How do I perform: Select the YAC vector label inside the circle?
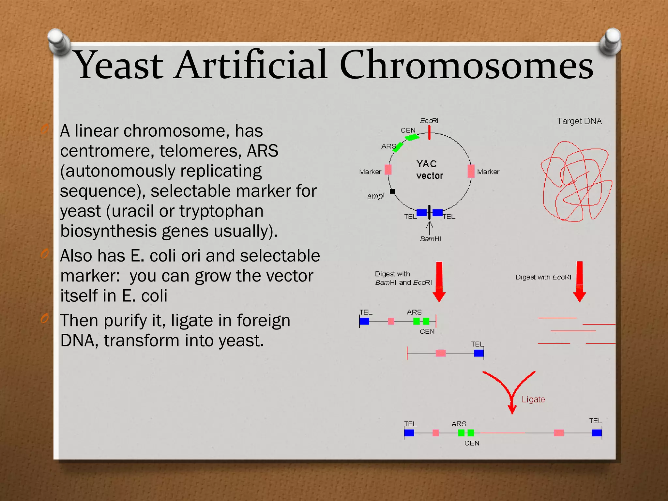tap(429, 170)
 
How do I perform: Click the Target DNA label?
tap(579, 121)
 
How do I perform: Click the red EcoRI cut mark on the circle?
tap(430, 133)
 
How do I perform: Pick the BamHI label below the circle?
tap(430, 239)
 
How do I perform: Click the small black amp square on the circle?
tap(392, 191)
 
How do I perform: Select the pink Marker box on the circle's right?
tap(471, 171)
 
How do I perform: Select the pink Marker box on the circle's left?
tap(388, 170)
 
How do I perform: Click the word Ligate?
tap(533, 400)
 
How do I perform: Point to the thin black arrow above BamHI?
tap(430, 228)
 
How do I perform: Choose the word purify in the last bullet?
tap(125, 320)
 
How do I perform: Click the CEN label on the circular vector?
tap(408, 130)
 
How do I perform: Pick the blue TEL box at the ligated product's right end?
tap(597, 433)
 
